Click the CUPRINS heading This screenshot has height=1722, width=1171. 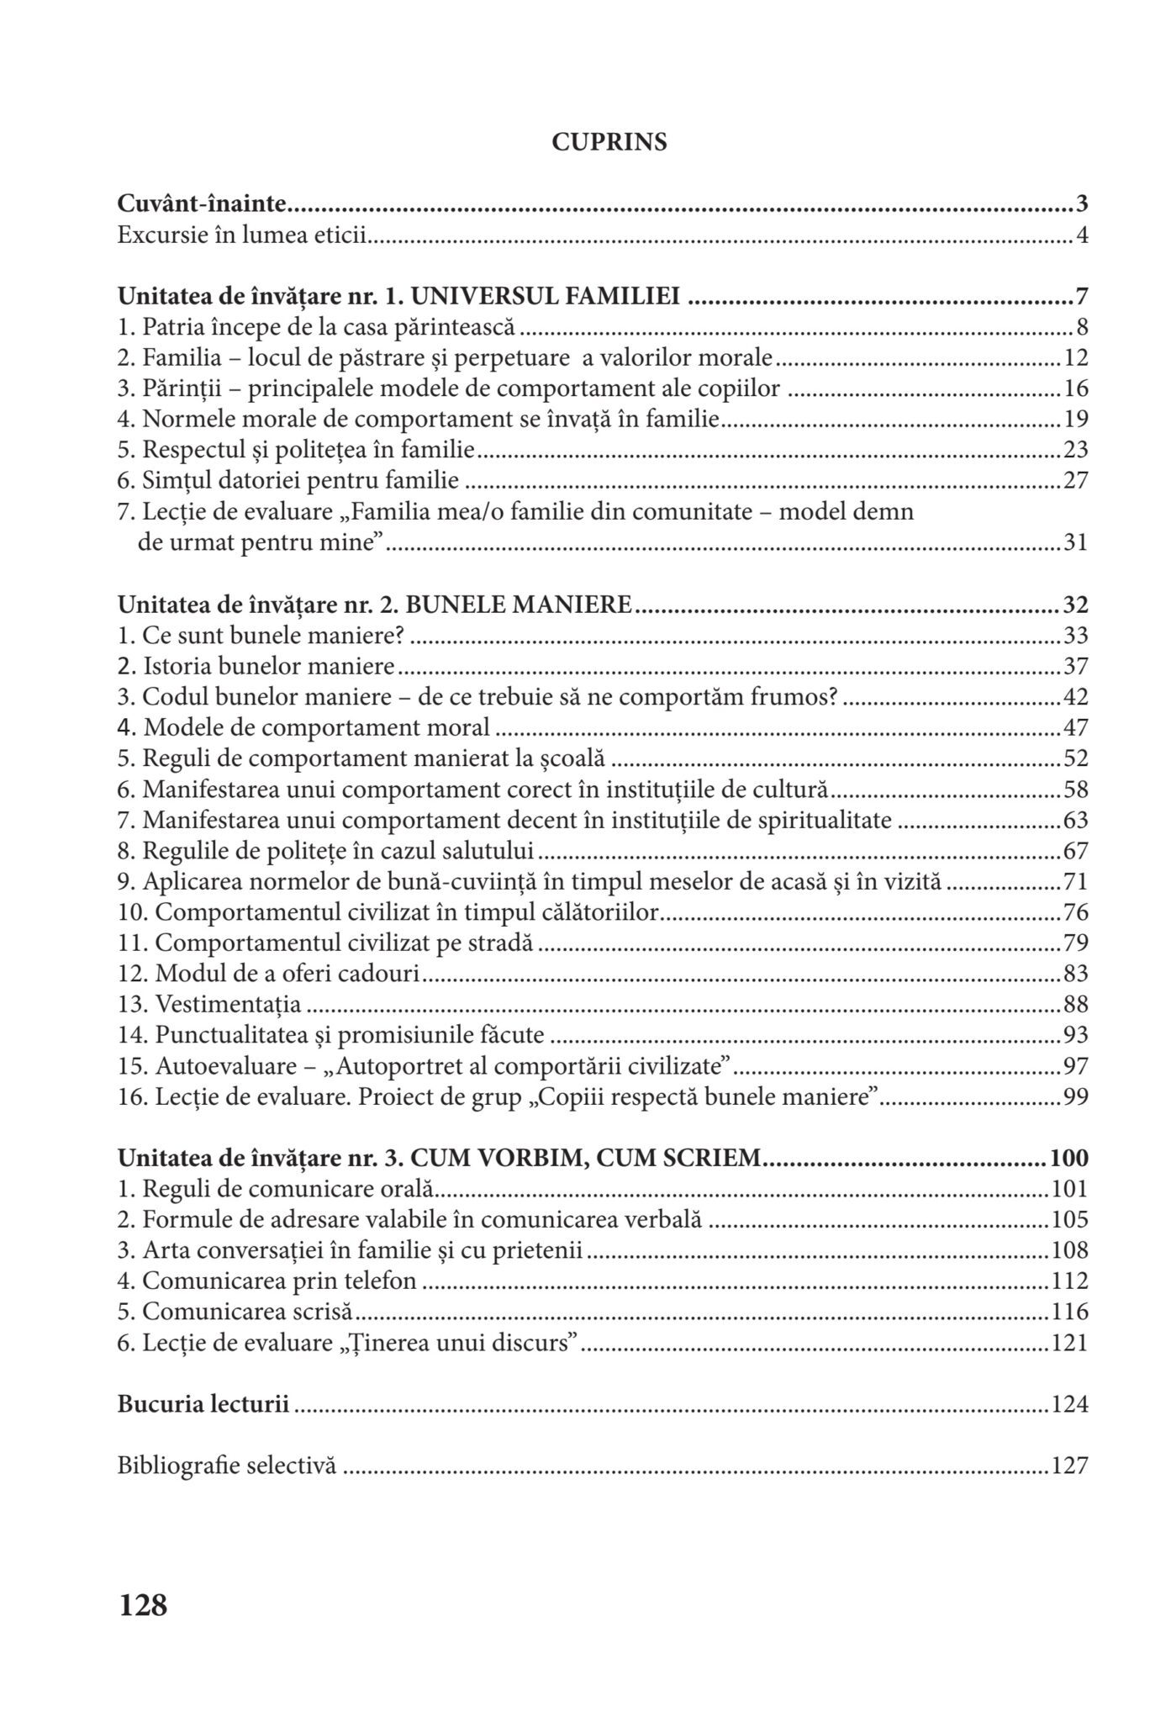point(609,143)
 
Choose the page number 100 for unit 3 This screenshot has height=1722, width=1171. point(1068,1158)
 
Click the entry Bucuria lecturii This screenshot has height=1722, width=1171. point(203,1404)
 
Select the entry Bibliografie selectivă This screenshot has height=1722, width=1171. point(227,1466)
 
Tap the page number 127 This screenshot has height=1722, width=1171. point(1069,1466)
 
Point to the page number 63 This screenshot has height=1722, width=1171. point(1075,821)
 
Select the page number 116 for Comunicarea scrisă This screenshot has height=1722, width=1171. point(1069,1312)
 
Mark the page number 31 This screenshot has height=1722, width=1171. point(1075,543)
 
